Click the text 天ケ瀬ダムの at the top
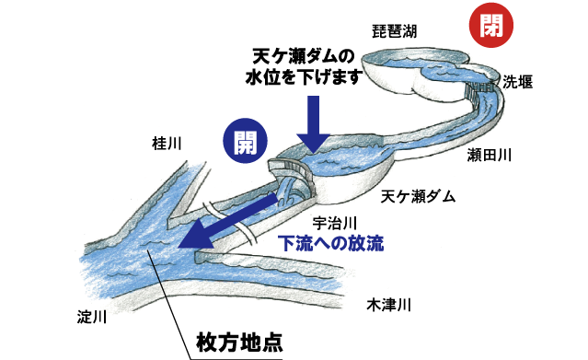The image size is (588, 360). point(305,55)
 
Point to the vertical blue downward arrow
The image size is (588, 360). point(313,124)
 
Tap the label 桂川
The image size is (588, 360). point(167,143)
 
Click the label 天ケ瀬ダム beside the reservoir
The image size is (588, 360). point(419,196)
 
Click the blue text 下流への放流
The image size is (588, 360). point(330,244)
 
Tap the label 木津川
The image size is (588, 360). point(387,303)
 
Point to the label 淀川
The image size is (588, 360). point(92,316)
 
